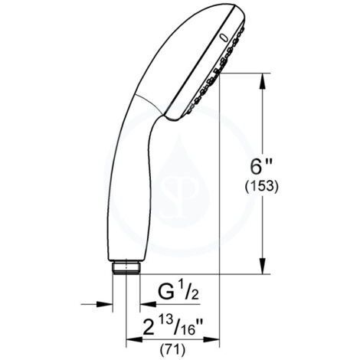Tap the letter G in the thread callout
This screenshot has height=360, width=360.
pos(167,292)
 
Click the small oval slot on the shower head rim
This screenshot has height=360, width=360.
pos(222,34)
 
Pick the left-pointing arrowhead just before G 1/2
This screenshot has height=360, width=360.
pos(143,304)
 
